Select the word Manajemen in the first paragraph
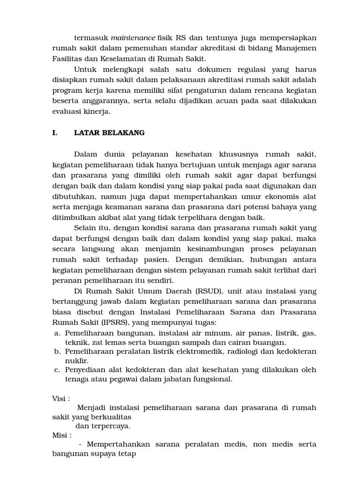click(x=296, y=48)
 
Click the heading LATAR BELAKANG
click(x=109, y=133)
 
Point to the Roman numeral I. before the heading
click(x=54, y=133)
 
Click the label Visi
click(x=60, y=398)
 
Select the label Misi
click(x=61, y=435)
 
